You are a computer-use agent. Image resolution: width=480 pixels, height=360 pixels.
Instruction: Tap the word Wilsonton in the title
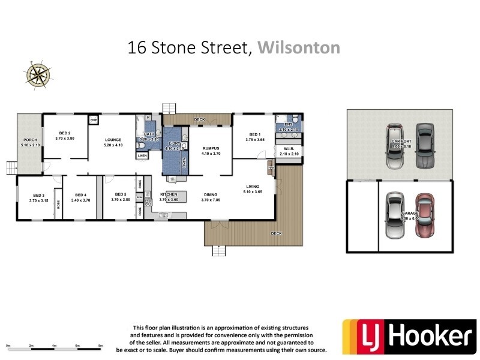click(x=298, y=47)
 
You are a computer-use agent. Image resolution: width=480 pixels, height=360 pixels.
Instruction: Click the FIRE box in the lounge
click(x=94, y=120)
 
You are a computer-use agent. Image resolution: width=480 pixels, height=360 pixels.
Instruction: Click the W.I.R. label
click(x=288, y=150)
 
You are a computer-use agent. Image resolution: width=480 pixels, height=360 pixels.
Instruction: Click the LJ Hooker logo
click(x=406, y=337)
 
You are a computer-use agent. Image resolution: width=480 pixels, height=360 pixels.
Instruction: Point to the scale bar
click(x=54, y=347)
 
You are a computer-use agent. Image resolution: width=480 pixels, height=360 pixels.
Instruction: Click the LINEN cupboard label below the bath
click(x=142, y=155)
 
